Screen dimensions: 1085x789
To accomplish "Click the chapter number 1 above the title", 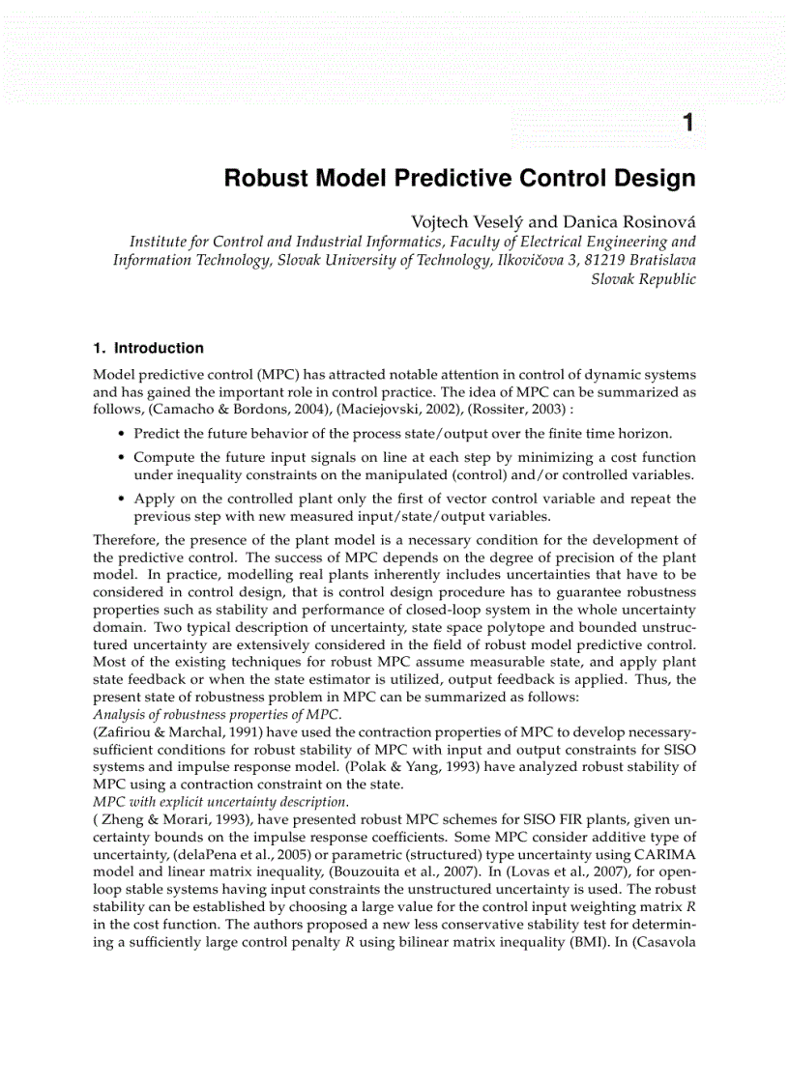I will coord(687,123).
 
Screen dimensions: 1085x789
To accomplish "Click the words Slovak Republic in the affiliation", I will coord(643,279).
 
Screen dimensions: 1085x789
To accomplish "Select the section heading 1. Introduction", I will coord(148,348).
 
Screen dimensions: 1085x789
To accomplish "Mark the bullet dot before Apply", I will coord(121,499).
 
